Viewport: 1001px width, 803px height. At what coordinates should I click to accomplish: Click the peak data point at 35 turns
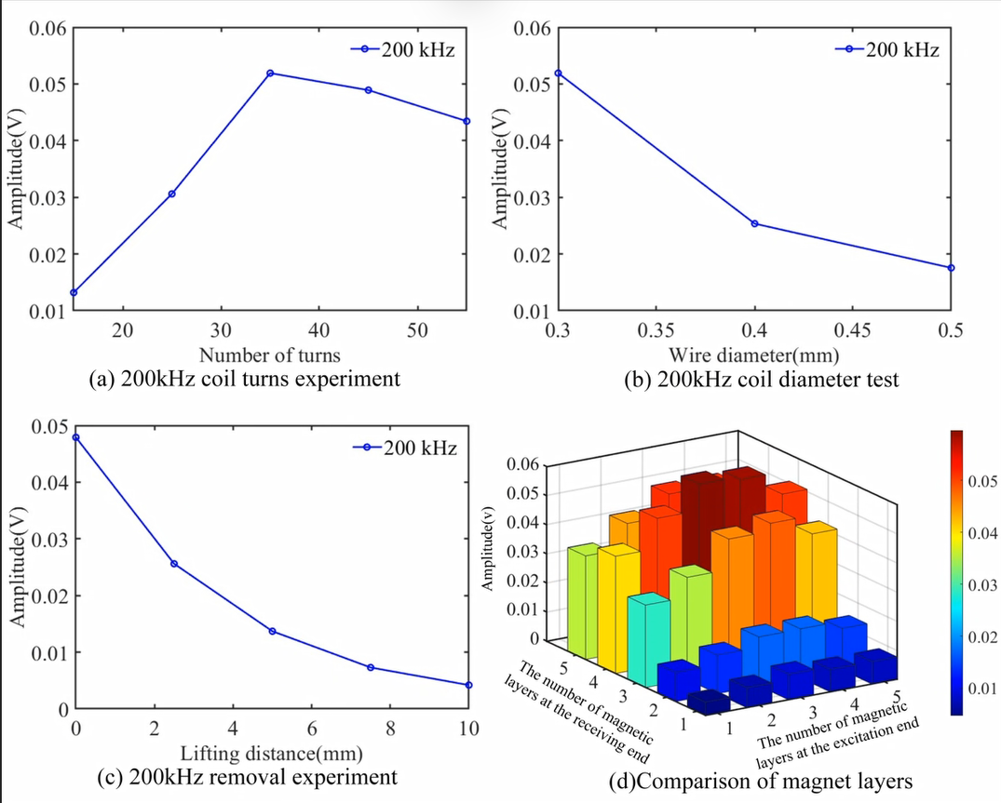click(x=270, y=74)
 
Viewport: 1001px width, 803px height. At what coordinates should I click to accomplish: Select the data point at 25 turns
click(x=171, y=194)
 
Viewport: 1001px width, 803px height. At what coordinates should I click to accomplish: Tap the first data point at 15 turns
click(x=74, y=293)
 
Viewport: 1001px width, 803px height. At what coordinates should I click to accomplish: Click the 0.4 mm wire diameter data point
click(x=754, y=224)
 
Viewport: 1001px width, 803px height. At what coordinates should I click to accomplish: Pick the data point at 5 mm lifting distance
click(x=273, y=632)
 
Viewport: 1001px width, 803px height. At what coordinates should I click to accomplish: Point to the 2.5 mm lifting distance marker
click(x=174, y=564)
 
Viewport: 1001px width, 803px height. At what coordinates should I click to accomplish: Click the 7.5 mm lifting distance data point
click(x=371, y=668)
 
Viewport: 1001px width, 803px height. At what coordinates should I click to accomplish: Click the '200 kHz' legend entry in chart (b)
click(x=887, y=49)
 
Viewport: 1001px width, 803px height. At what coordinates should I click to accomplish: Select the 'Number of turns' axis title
click(x=269, y=355)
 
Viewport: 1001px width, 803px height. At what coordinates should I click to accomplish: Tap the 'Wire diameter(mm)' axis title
click(x=753, y=355)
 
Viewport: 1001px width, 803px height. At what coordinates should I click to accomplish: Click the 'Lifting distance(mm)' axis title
click(x=271, y=754)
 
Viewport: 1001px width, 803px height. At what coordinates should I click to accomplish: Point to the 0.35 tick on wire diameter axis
click(x=656, y=330)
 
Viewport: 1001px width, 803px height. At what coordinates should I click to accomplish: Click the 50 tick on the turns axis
click(x=417, y=330)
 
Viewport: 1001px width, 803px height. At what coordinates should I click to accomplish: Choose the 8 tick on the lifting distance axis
click(x=391, y=729)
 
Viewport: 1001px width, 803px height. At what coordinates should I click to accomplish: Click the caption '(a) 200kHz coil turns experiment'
click(x=245, y=379)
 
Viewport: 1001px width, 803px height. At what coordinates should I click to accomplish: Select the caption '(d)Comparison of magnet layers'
click(x=761, y=781)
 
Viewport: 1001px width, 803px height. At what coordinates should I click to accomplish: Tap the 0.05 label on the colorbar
click(x=982, y=482)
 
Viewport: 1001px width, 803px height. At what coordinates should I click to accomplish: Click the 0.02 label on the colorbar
click(x=982, y=637)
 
